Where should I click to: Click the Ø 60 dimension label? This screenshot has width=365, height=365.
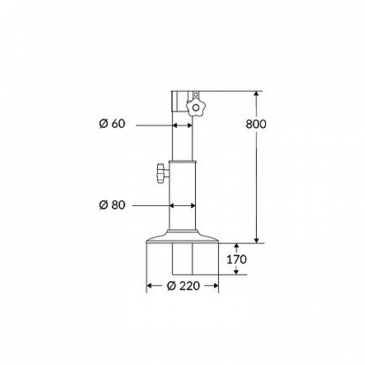point(112,124)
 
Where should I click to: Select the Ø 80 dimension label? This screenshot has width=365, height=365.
point(112,205)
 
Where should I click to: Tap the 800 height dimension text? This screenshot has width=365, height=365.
point(256,124)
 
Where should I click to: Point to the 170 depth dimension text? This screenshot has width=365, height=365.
point(237,260)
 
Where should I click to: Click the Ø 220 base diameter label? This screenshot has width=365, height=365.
point(184,285)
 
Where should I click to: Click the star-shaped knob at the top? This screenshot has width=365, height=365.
point(195,108)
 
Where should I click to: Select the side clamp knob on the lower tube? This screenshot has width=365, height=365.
point(163,173)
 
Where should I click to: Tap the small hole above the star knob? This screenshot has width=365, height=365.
point(196,94)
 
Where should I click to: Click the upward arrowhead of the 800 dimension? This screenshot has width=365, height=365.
point(257,94)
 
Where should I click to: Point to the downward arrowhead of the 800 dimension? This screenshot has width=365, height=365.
point(257,240)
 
